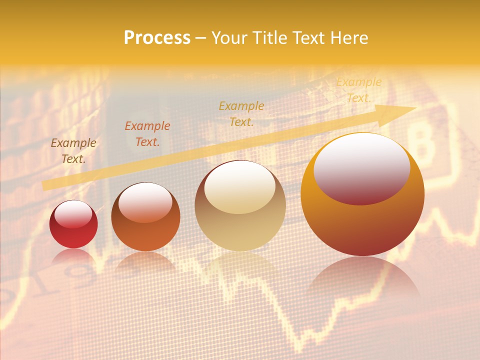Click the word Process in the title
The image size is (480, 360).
[x=157, y=38]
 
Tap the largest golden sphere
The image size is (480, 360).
[x=362, y=225]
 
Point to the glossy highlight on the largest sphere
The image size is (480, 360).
[x=361, y=168]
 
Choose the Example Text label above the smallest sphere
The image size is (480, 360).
[x=73, y=151]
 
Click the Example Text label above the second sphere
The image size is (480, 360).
[x=147, y=134]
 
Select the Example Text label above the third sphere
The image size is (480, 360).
[x=241, y=113]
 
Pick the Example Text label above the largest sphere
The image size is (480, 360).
[x=358, y=90]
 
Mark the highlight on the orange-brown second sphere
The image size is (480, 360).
[x=145, y=202]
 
